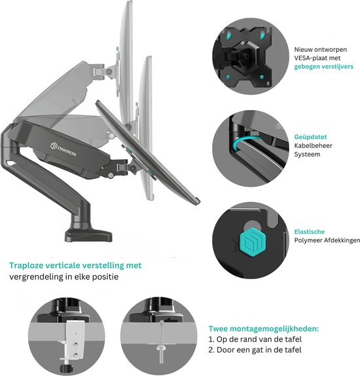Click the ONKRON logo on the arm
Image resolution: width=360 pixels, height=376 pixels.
point(63,149)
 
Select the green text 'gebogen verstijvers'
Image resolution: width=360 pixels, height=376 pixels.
point(323,67)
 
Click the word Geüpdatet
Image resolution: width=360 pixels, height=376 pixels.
point(310,137)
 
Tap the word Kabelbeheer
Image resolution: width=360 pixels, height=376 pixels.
point(313,145)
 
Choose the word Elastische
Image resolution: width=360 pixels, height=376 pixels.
point(310,232)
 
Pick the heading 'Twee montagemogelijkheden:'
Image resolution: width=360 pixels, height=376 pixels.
point(264,329)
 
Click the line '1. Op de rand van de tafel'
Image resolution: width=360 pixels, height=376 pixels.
point(255,339)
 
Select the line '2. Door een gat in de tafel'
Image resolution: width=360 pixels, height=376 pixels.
point(255,350)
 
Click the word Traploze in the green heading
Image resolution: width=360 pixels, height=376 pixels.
point(26,265)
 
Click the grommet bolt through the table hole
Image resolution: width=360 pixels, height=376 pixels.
point(161,350)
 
